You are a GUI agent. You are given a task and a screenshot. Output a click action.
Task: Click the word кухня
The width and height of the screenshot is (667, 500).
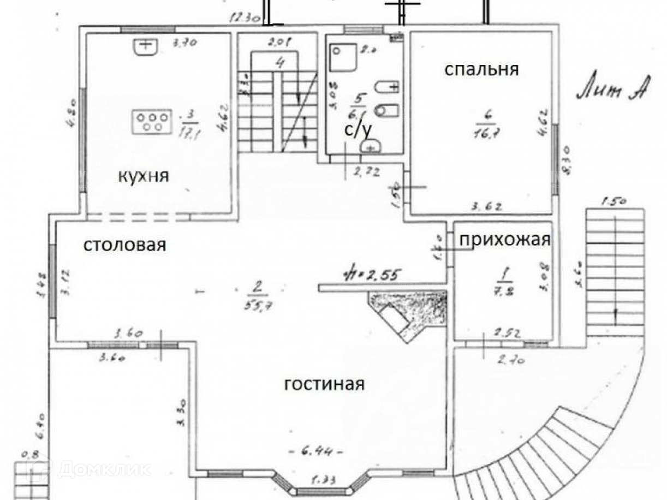tap(144, 176)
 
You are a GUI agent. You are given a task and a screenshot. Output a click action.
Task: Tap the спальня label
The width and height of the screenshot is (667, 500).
tap(481, 70)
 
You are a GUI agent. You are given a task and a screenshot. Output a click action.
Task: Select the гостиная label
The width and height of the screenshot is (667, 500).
tap(324, 384)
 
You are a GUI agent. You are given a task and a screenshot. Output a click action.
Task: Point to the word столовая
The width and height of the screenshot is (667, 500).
tap(124, 245)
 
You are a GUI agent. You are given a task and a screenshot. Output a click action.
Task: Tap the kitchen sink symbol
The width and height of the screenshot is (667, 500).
tap(145, 47)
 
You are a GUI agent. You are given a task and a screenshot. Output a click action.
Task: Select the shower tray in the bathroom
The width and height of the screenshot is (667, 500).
tap(344, 56)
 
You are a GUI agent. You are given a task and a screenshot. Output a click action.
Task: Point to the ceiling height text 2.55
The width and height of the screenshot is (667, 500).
tap(377, 274)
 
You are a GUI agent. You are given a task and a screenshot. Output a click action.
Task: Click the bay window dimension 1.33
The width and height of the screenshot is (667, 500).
tap(324, 480)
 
